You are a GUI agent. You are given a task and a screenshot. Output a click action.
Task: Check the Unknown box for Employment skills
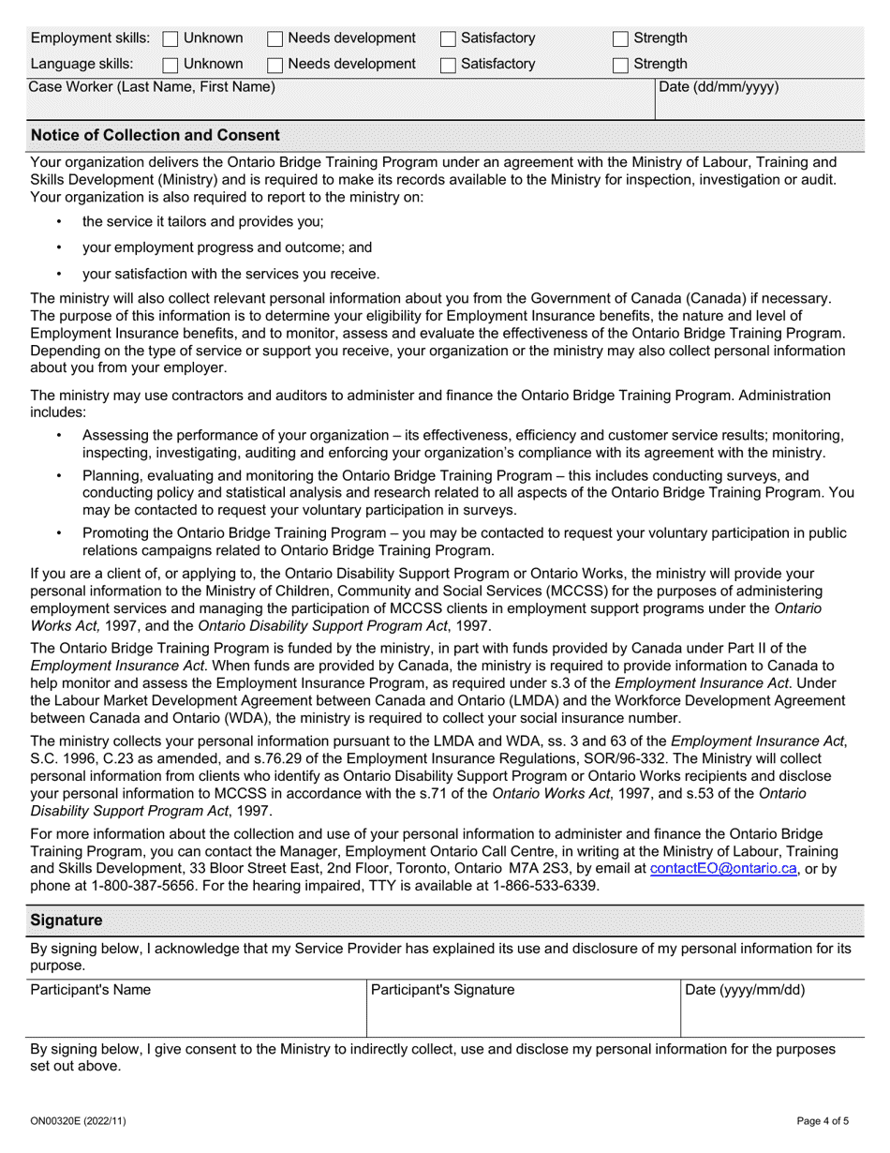pyautogui.click(x=171, y=39)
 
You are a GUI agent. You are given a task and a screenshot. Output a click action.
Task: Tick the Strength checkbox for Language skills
pyautogui.click(x=620, y=65)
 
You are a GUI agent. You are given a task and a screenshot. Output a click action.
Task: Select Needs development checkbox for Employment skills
pyautogui.click(x=275, y=39)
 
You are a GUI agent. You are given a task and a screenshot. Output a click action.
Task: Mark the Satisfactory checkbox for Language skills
pyautogui.click(x=448, y=65)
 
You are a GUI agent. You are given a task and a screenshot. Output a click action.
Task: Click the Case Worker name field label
pyautogui.click(x=153, y=88)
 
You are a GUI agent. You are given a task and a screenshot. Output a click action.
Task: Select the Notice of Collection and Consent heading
pyautogui.click(x=155, y=135)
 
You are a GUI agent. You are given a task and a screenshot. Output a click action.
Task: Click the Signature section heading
pyautogui.click(x=67, y=921)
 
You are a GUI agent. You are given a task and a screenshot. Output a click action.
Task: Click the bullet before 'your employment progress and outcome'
pyautogui.click(x=60, y=248)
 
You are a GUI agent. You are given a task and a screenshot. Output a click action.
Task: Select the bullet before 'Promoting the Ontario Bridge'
pyautogui.click(x=60, y=533)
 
